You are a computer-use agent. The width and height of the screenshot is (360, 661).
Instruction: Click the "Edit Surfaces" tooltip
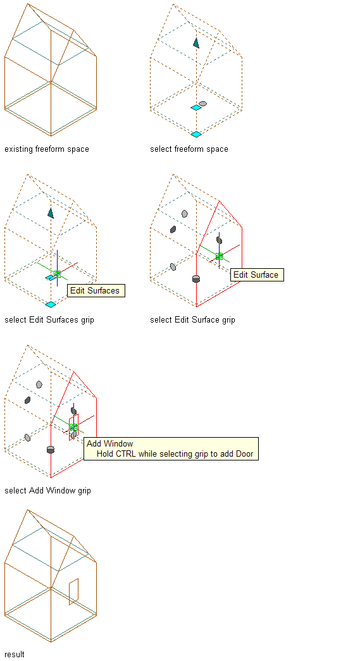click(x=96, y=290)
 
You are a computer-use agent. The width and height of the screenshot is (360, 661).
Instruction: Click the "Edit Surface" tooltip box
click(x=257, y=275)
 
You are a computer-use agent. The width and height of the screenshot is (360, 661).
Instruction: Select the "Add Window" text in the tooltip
click(x=109, y=443)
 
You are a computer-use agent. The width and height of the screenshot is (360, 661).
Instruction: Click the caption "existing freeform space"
click(x=47, y=149)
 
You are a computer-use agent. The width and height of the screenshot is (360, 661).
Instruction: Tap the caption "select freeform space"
click(x=189, y=149)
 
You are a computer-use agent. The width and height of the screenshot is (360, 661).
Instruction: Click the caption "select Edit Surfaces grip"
click(x=49, y=319)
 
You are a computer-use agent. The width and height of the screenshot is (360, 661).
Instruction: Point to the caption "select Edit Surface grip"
click(x=192, y=319)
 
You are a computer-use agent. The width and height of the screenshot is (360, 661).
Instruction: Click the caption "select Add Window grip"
click(x=47, y=490)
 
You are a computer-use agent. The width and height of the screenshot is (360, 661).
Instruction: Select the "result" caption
click(x=15, y=654)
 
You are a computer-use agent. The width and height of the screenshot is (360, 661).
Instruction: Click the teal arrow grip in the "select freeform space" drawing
click(x=196, y=42)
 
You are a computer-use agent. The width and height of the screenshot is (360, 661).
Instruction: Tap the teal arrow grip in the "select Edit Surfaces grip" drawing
click(x=51, y=213)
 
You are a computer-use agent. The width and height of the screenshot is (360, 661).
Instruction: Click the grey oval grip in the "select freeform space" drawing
click(x=202, y=103)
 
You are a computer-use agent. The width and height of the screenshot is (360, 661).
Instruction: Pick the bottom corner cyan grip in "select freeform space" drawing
click(x=196, y=134)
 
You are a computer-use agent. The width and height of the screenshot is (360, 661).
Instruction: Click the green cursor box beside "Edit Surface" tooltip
click(x=219, y=256)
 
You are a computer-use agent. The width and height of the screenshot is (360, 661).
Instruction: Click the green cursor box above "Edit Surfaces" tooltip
click(x=58, y=274)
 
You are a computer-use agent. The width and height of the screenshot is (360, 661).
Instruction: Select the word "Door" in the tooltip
click(x=245, y=454)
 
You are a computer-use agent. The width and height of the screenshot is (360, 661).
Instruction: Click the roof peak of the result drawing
click(x=28, y=509)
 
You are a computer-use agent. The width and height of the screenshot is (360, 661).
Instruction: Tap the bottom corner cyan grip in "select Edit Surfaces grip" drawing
click(x=51, y=304)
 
